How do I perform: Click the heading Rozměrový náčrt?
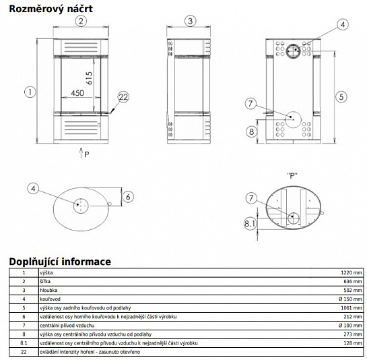point(51,9)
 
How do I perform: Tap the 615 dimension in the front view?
point(89,78)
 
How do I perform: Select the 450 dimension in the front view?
point(77,93)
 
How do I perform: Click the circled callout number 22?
point(123,97)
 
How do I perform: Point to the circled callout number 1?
point(30,92)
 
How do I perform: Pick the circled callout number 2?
point(81,21)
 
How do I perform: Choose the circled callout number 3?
point(191,21)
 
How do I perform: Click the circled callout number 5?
point(341,97)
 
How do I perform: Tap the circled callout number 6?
point(128,197)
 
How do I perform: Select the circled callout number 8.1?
point(251,223)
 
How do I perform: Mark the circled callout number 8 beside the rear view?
point(252,131)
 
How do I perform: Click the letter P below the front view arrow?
point(87,154)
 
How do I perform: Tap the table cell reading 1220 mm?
point(352,272)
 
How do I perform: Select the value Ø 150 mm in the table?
point(350,299)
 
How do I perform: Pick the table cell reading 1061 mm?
point(352,307)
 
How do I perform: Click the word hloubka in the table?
point(48,290)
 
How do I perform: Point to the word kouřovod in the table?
point(50,299)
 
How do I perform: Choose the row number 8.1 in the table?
point(24,343)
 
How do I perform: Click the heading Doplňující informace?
point(60,262)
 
